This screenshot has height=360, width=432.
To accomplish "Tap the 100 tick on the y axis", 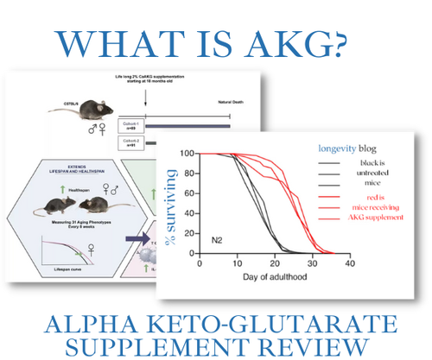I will coord(186,154).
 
